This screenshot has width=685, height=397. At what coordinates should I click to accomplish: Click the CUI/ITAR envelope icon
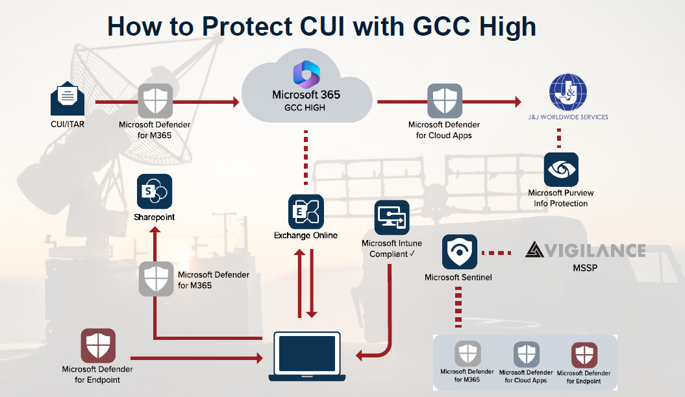click(x=68, y=99)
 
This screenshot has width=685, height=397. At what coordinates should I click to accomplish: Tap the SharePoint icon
click(x=155, y=191)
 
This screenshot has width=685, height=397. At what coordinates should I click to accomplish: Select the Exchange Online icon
click(x=306, y=211)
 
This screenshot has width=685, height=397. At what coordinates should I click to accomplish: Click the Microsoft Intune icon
click(x=392, y=217)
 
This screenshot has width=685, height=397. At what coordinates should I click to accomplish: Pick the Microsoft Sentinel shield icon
click(x=459, y=252)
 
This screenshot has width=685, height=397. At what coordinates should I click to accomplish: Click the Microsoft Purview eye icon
click(x=561, y=170)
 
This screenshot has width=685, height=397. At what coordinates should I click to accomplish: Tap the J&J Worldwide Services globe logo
click(x=567, y=92)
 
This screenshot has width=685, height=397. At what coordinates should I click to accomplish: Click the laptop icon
click(x=307, y=356)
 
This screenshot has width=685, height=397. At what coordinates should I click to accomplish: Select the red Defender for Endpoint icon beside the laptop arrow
click(x=98, y=346)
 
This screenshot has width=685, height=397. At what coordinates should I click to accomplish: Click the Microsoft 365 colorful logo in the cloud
click(x=306, y=73)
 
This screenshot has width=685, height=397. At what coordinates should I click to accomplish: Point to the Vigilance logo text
click(x=585, y=250)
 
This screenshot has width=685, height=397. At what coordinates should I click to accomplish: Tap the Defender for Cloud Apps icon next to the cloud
click(x=444, y=101)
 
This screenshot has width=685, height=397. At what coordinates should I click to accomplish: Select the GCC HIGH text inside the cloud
click(x=305, y=108)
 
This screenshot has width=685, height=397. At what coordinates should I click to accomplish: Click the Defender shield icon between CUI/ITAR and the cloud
click(x=155, y=101)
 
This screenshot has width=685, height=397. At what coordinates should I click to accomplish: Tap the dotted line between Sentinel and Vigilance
click(x=501, y=252)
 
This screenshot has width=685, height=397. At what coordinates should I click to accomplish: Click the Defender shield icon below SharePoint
click(x=156, y=279)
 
